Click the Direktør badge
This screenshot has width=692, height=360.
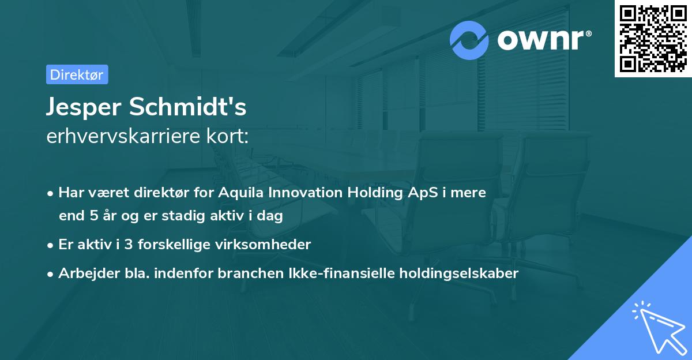[77, 74]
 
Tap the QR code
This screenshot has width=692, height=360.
[653, 39]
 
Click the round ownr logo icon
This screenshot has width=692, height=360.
[469, 40]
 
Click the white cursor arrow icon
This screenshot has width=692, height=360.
[659, 328]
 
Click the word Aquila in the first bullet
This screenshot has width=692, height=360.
[238, 193]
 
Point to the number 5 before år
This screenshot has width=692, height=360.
[94, 216]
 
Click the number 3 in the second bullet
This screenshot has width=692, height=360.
[130, 245]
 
